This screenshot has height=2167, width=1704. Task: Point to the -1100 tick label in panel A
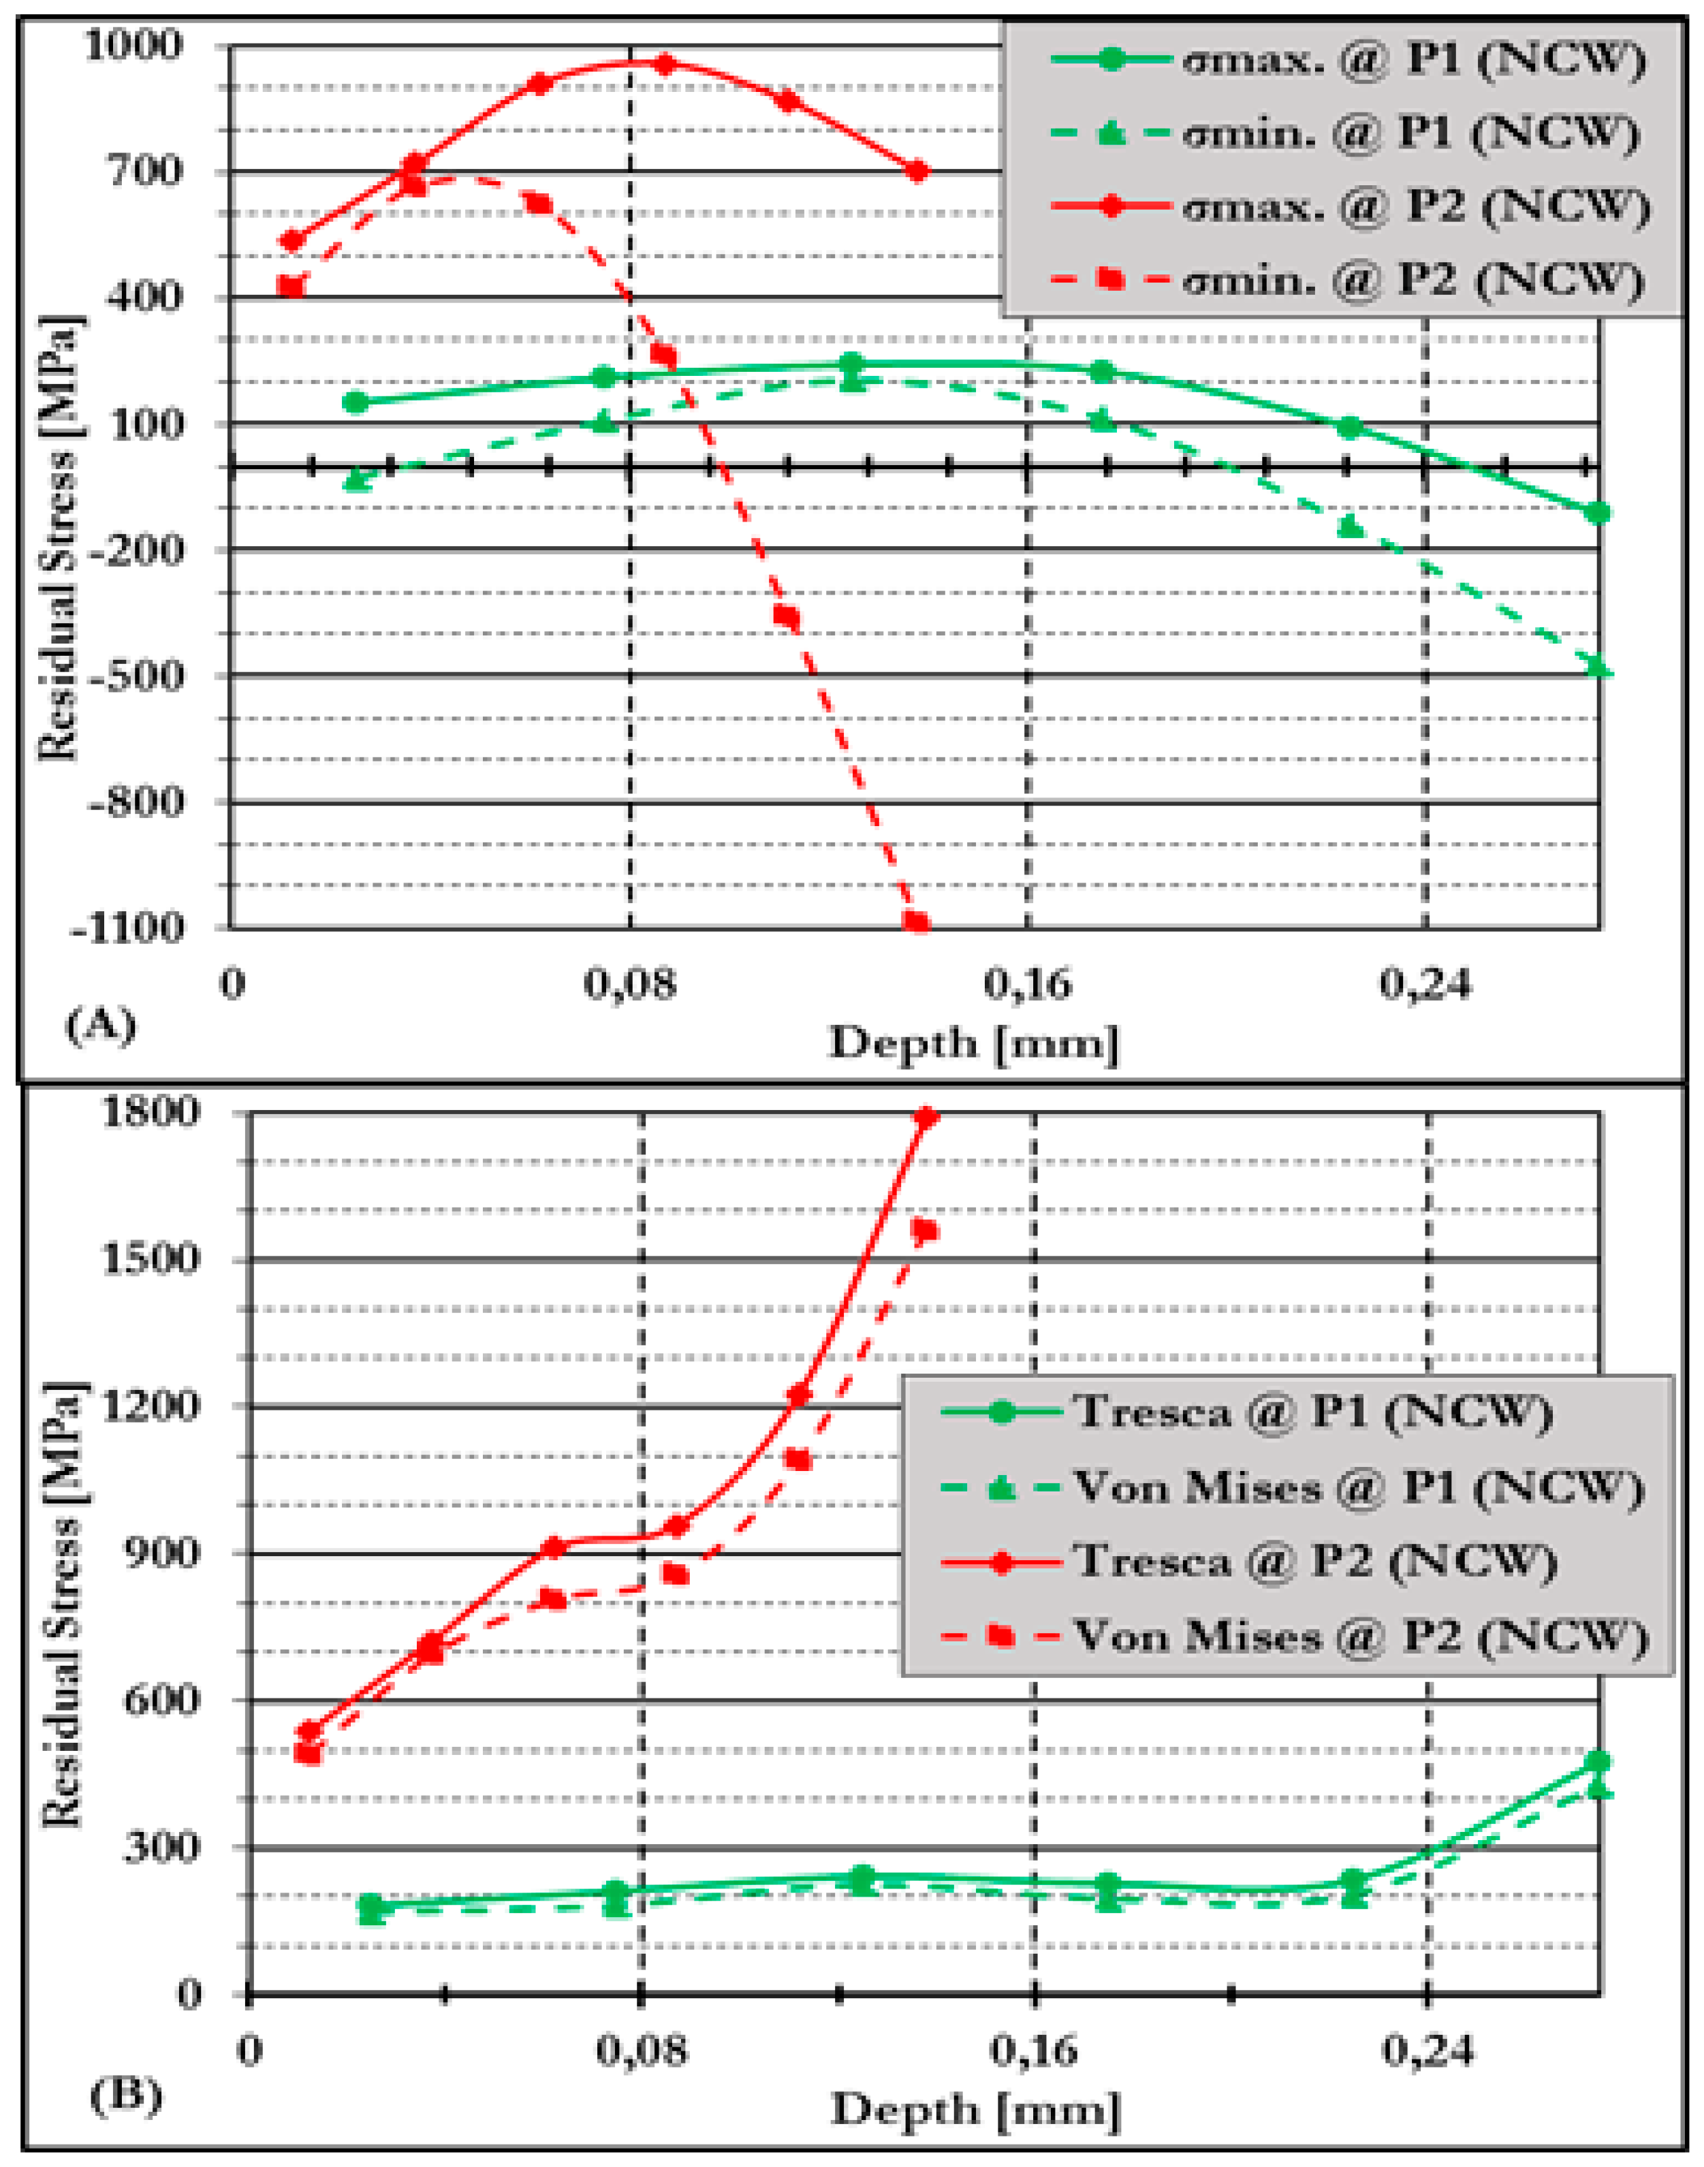tap(128, 928)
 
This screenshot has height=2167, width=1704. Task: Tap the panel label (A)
tap(99, 1025)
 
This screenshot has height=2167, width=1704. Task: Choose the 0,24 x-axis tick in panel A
tap(1425, 985)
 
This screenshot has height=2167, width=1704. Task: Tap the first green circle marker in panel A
tap(355, 402)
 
